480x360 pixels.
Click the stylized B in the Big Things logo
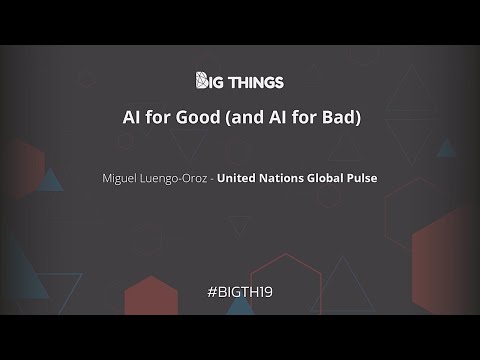(x=200, y=80)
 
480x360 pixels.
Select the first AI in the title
(x=131, y=117)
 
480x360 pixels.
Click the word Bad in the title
(x=337, y=117)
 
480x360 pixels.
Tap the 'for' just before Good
(x=158, y=117)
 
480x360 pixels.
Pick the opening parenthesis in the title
(x=228, y=117)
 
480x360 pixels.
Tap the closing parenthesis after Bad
(x=356, y=117)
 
